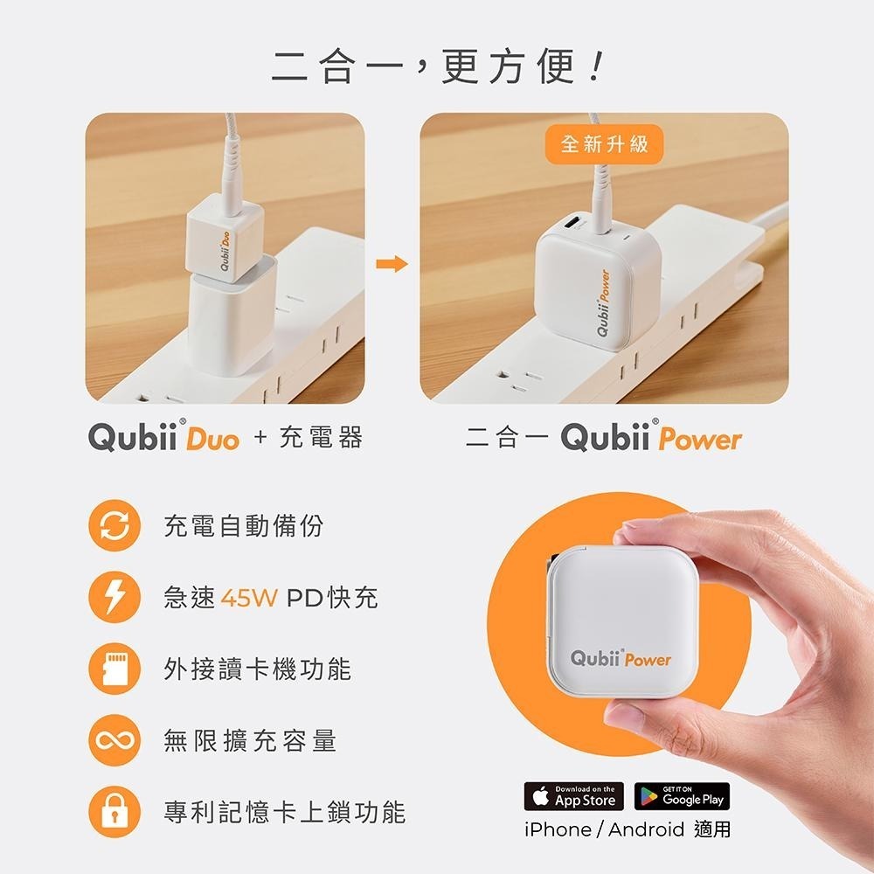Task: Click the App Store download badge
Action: click(x=574, y=796)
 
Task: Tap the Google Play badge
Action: click(x=682, y=796)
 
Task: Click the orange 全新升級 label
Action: click(x=604, y=144)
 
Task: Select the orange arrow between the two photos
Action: click(x=398, y=264)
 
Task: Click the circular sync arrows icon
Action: click(x=114, y=527)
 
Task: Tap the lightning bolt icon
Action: click(x=114, y=599)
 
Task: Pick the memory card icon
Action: click(x=114, y=670)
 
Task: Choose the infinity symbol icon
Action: click(x=114, y=742)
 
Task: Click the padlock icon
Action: click(x=114, y=814)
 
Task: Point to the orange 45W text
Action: click(x=249, y=599)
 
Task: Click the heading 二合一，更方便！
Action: click(x=437, y=68)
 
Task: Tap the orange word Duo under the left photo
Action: click(x=212, y=440)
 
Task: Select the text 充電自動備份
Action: click(x=243, y=526)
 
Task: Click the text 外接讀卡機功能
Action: click(x=257, y=669)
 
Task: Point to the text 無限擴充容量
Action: click(x=250, y=741)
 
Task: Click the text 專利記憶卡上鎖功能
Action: click(x=285, y=813)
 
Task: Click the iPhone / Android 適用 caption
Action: click(x=627, y=829)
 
